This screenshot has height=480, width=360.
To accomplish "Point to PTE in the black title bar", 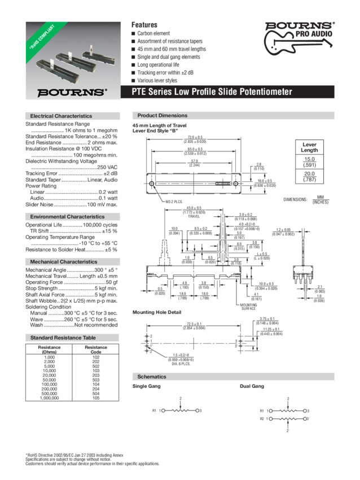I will [x=139, y=91].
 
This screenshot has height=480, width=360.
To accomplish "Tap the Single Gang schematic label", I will [x=146, y=387].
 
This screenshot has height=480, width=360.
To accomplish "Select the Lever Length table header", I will [x=305, y=149].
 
